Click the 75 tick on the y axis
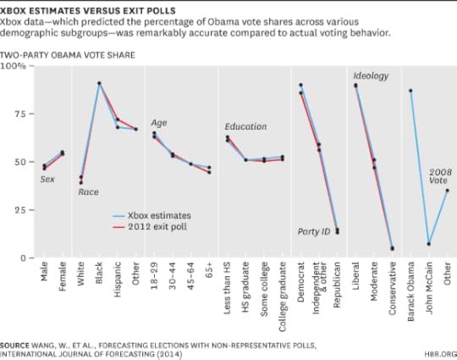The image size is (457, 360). pos(19,114)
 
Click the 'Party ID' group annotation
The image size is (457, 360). pos(315,231)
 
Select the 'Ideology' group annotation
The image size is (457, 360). pos(370,76)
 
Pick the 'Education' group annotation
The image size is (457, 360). pos(245,127)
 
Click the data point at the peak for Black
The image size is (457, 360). pos(99,84)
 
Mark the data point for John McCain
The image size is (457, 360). pos(429,244)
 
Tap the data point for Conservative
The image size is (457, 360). pos(392,248)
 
